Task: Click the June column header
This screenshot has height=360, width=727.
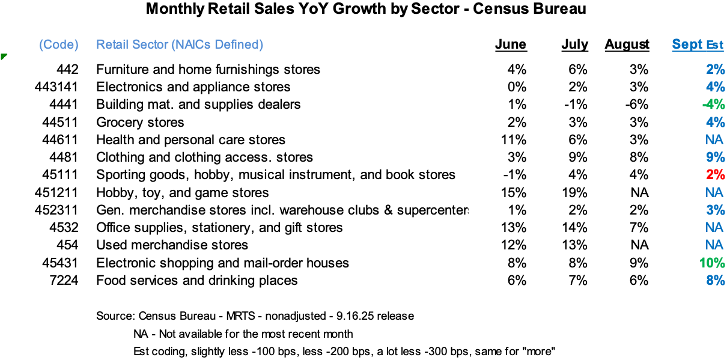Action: pyautogui.click(x=510, y=44)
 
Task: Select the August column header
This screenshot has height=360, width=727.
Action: pyautogui.click(x=627, y=44)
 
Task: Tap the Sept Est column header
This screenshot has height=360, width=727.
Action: pyautogui.click(x=698, y=44)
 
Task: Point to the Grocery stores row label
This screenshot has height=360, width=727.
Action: pyautogui.click(x=140, y=123)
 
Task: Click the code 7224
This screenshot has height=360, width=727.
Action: pyautogui.click(x=64, y=281)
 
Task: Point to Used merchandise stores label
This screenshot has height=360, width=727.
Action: pyautogui.click(x=172, y=245)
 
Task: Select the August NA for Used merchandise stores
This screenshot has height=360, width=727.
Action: pyautogui.click(x=639, y=245)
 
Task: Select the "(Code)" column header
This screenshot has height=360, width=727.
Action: pyautogui.click(x=59, y=44)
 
